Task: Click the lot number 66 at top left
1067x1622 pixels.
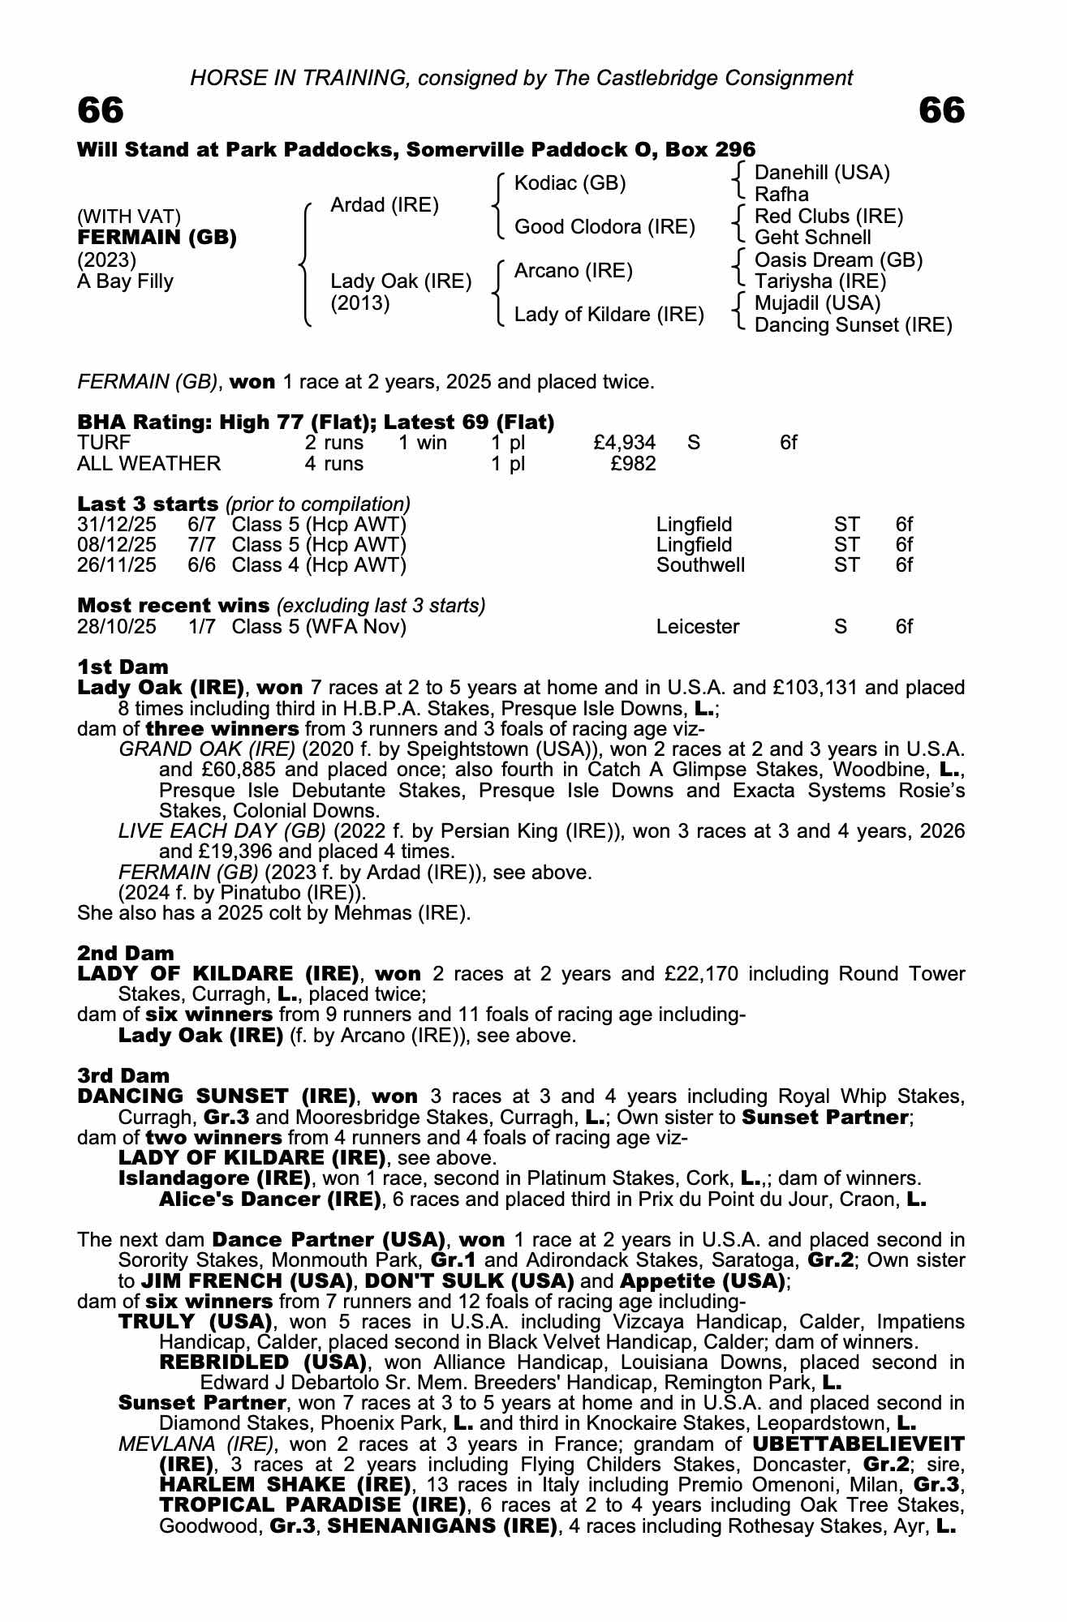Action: pyautogui.click(x=101, y=110)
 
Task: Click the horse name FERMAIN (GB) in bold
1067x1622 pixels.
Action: pyautogui.click(x=157, y=238)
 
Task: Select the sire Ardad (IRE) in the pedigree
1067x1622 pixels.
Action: pyautogui.click(x=385, y=205)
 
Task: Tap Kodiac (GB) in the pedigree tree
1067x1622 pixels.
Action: pyautogui.click(x=570, y=183)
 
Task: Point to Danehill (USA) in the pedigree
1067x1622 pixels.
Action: pyautogui.click(x=822, y=172)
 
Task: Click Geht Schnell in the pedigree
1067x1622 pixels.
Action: pyautogui.click(x=812, y=238)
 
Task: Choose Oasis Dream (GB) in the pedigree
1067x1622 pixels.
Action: pyautogui.click(x=838, y=260)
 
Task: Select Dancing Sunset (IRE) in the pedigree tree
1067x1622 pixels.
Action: pyautogui.click(x=853, y=325)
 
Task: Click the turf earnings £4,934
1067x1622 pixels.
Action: pyautogui.click(x=625, y=443)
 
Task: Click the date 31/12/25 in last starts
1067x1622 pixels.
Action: pyautogui.click(x=117, y=525)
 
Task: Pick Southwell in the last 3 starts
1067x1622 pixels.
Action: pyautogui.click(x=700, y=565)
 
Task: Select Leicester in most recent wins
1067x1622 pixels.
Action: pyautogui.click(x=698, y=627)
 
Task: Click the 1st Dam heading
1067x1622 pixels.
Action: pyautogui.click(x=123, y=667)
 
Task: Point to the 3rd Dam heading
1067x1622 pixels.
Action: pyautogui.click(x=123, y=1075)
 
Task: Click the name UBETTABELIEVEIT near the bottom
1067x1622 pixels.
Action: pyautogui.click(x=858, y=1444)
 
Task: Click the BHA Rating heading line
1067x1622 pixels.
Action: pyautogui.click(x=316, y=422)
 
